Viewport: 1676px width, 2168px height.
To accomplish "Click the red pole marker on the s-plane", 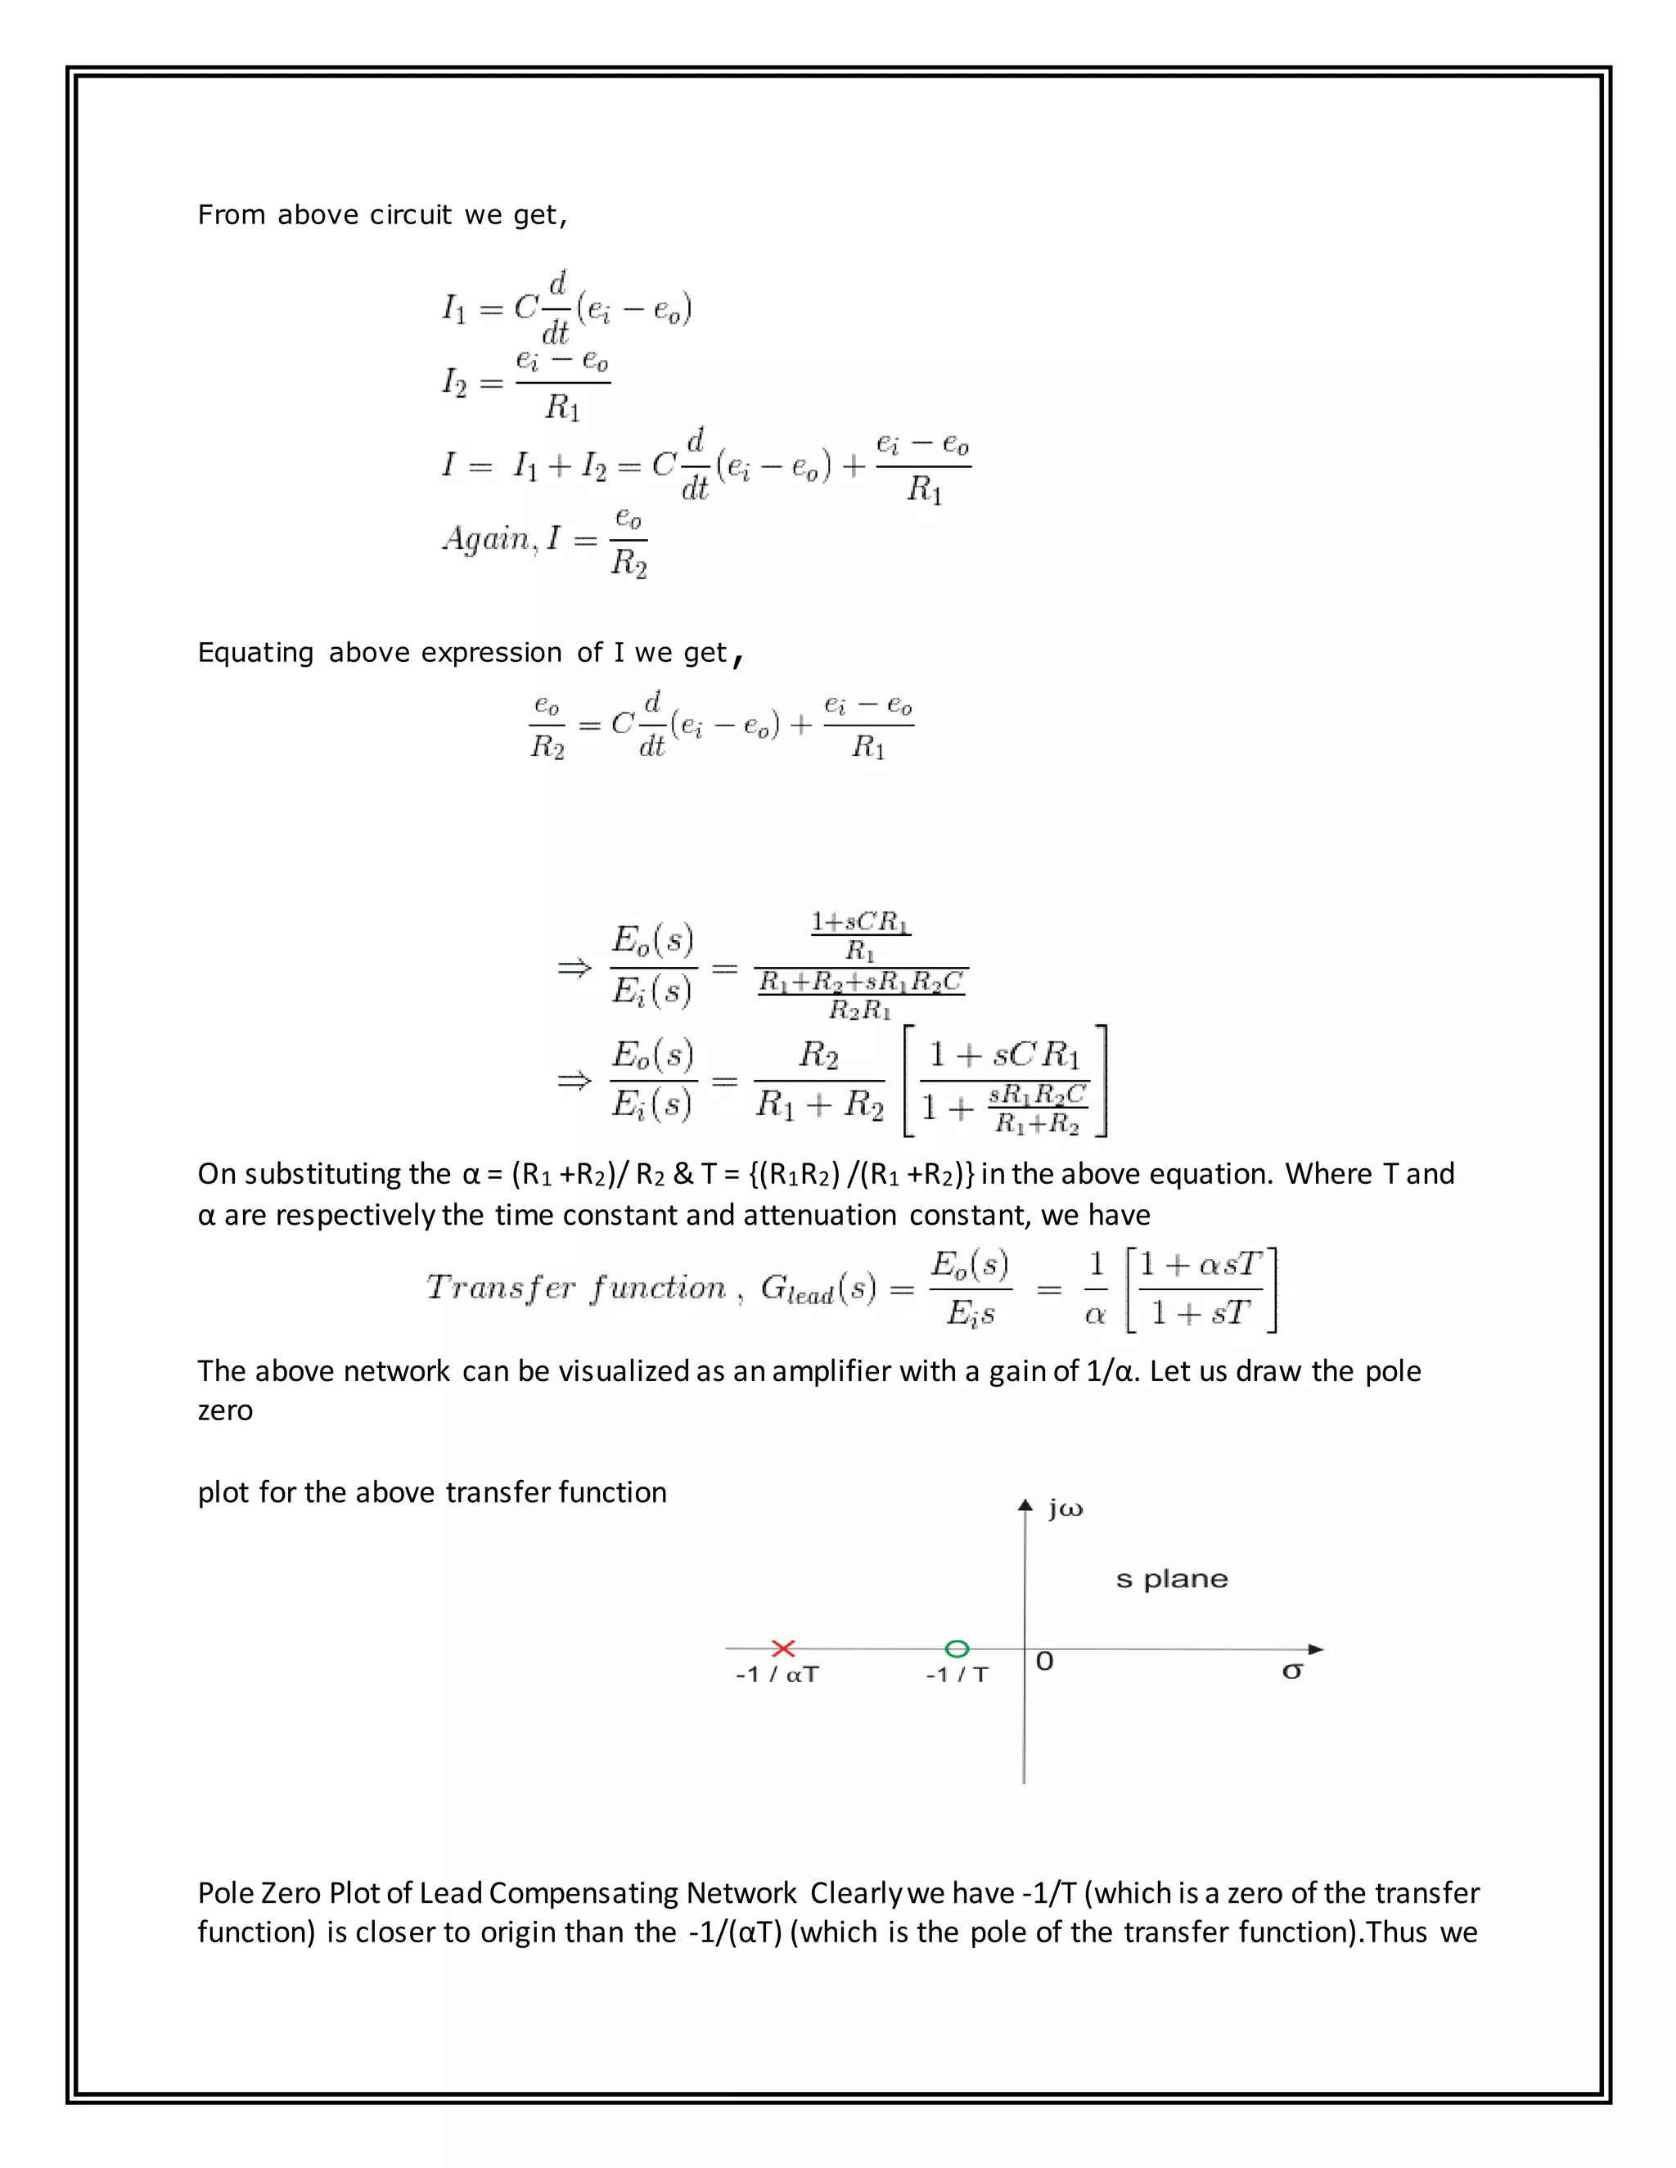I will [x=783, y=1648].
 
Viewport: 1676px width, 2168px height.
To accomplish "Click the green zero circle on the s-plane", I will [x=957, y=1648].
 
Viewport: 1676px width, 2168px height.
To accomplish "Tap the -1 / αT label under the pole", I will [x=777, y=1675].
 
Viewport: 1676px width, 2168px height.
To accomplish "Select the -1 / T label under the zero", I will [x=957, y=1675].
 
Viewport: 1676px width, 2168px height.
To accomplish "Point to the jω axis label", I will [x=1066, y=1510].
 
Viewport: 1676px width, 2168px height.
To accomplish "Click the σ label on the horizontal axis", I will [x=1291, y=1671].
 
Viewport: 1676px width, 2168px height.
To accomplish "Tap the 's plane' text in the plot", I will [x=1172, y=1579].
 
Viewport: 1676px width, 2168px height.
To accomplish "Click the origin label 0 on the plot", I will [x=1044, y=1662].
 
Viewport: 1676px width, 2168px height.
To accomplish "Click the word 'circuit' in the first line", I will [x=411, y=214].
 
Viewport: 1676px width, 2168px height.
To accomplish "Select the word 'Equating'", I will [x=255, y=652].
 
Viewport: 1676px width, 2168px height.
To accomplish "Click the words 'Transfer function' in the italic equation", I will [x=576, y=1288].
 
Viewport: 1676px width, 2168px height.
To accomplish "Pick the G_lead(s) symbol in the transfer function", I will [x=818, y=1289].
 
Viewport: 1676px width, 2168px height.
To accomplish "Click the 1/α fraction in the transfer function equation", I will [x=1096, y=1289].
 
